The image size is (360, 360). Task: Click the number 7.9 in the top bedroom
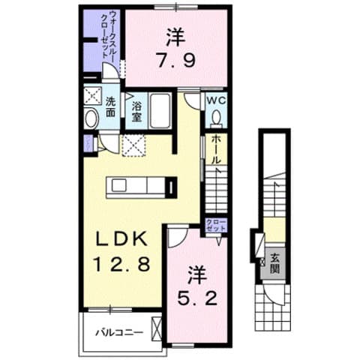tap(177, 58)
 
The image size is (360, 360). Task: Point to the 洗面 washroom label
tap(110, 107)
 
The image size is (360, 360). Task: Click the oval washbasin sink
tap(91, 120)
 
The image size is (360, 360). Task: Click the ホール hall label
tap(215, 151)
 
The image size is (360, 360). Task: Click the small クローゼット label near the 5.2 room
tap(215, 226)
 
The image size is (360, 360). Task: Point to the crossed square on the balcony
tap(156, 327)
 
